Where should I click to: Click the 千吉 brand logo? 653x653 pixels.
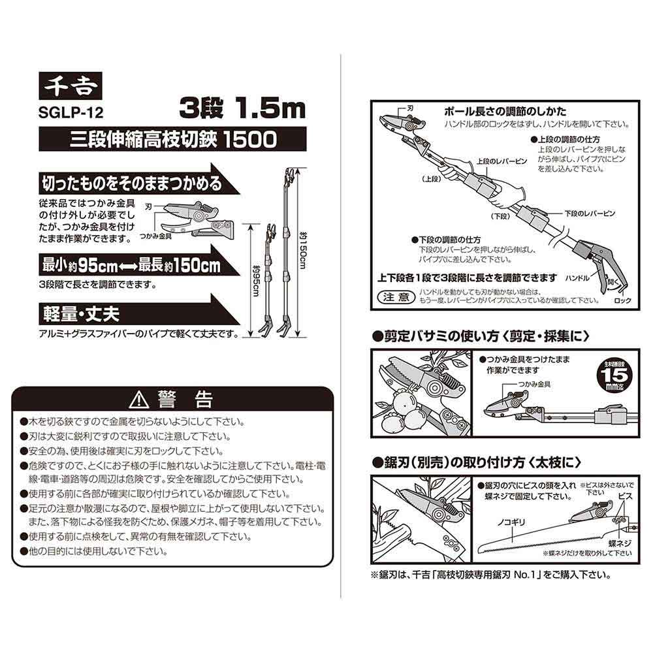(x=71, y=86)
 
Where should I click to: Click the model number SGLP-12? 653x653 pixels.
(x=71, y=112)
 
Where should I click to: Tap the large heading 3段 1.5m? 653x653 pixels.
(x=243, y=108)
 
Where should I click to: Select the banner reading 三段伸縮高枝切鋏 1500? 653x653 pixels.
(x=172, y=139)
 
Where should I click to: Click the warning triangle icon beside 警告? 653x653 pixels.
(x=139, y=400)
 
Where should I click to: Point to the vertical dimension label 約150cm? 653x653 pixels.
(x=303, y=250)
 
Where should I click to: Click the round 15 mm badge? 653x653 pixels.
(x=616, y=377)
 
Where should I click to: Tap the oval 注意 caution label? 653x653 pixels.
(x=396, y=297)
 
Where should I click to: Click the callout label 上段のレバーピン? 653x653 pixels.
(x=502, y=161)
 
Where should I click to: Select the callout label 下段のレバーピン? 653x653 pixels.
(x=590, y=214)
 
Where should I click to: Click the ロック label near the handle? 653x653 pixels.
(x=622, y=300)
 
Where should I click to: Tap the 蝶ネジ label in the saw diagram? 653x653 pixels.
(x=620, y=543)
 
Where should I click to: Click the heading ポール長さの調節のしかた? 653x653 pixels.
(x=505, y=111)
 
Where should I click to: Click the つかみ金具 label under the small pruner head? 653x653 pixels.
(x=155, y=236)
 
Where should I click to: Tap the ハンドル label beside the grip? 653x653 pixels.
(x=577, y=278)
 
